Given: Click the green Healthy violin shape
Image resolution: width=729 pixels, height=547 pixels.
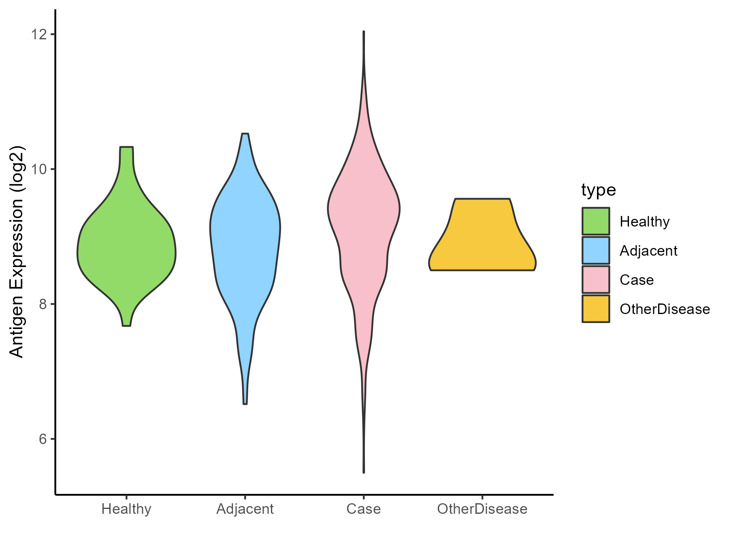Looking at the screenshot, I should pyautogui.click(x=126, y=251).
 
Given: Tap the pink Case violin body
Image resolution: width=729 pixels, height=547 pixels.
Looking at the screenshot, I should pyautogui.click(x=364, y=219).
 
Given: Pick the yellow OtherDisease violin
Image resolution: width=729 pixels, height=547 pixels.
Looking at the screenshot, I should pyautogui.click(x=482, y=239).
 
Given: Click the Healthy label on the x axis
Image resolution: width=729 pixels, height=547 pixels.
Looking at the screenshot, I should pyautogui.click(x=126, y=509).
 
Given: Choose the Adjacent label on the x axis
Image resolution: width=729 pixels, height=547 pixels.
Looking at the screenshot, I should pyautogui.click(x=245, y=509).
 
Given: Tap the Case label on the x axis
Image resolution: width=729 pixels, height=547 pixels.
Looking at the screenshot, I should pyautogui.click(x=364, y=509).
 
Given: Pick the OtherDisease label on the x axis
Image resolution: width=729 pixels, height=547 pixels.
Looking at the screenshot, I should pyautogui.click(x=482, y=509).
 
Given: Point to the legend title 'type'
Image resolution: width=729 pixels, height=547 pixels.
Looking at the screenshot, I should pyautogui.click(x=598, y=190).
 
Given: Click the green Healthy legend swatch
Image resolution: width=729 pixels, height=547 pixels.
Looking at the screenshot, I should pyautogui.click(x=596, y=221).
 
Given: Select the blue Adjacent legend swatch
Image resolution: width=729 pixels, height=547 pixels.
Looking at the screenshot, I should pyautogui.click(x=596, y=250).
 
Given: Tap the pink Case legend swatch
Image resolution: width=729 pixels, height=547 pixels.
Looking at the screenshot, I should pyautogui.click(x=596, y=280).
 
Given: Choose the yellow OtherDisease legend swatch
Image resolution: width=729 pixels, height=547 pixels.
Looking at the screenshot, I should pyautogui.click(x=596, y=309).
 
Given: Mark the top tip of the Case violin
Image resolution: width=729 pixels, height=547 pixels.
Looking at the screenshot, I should pyautogui.click(x=364, y=32).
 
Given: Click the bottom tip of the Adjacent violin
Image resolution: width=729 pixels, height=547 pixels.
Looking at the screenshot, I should pyautogui.click(x=245, y=404).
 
